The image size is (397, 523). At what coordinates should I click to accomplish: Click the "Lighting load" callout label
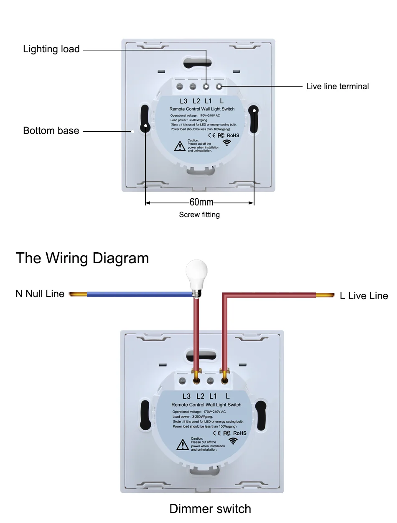(x=51, y=49)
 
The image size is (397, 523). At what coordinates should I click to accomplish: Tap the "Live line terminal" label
(x=337, y=87)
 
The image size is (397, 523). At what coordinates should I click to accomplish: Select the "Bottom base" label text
(x=51, y=131)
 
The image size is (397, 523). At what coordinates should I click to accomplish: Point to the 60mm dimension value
(x=201, y=203)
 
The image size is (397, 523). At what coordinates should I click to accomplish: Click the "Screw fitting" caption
(x=199, y=215)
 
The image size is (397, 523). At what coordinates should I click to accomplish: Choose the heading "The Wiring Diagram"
(x=82, y=258)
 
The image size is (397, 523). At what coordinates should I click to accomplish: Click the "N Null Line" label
(x=40, y=294)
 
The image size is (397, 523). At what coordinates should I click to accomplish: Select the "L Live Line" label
(x=364, y=296)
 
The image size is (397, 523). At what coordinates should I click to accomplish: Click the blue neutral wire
(x=138, y=294)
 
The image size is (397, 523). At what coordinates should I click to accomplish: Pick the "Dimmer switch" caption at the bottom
(x=210, y=509)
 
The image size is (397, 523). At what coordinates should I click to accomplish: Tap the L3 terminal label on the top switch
(x=183, y=101)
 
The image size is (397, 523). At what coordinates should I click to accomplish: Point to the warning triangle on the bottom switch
(x=182, y=444)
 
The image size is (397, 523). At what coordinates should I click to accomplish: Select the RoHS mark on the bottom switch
(x=239, y=433)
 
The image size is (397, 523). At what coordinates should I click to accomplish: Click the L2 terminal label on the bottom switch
(x=200, y=396)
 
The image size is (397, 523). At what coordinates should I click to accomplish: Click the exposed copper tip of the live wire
(x=324, y=295)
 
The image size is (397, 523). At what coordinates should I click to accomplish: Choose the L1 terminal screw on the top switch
(x=206, y=87)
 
